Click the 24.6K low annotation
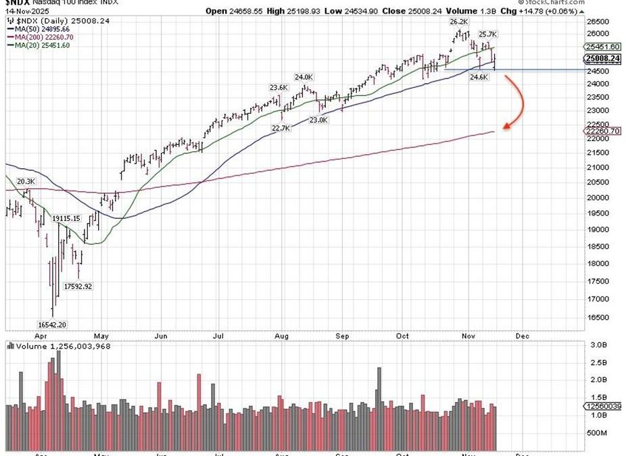[479, 78]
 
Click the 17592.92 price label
[78, 286]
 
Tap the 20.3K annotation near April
[25, 181]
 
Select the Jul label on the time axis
[218, 334]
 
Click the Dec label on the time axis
[521, 334]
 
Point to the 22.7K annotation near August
[281, 128]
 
